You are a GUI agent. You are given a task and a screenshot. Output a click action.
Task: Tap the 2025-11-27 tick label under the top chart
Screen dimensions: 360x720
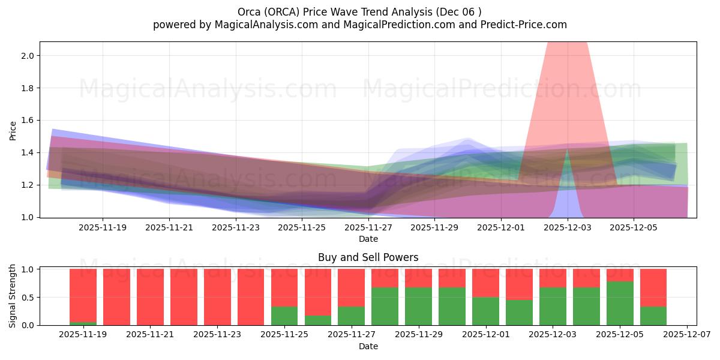pos(368,228)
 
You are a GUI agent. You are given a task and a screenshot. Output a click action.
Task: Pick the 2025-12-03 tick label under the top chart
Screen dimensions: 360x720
pos(568,228)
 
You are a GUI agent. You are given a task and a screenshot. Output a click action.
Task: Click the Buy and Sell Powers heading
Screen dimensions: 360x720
pos(368,257)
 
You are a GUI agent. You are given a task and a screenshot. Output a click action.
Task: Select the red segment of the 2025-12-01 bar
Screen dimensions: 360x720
pos(485,283)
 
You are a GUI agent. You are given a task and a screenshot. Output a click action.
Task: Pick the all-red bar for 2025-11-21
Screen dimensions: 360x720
pos(150,297)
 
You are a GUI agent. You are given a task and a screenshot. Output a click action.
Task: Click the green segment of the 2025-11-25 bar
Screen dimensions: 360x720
pos(284,316)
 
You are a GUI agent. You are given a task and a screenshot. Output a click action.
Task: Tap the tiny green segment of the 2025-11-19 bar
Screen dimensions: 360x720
pos(83,323)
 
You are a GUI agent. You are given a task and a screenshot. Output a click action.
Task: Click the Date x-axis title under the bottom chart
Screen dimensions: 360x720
pos(368,346)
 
